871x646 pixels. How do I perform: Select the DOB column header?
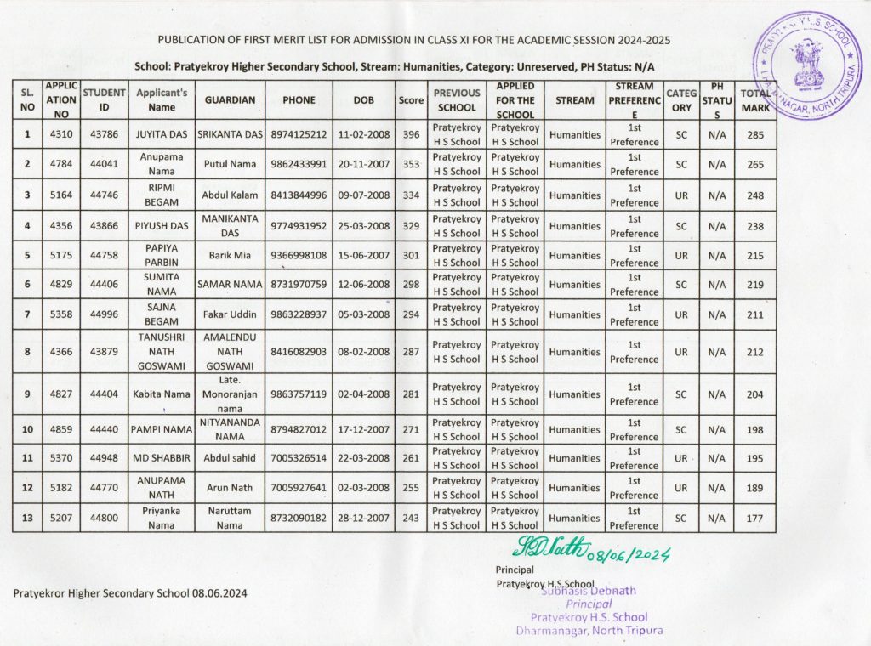click(x=363, y=100)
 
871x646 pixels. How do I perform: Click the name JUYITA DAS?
click(x=162, y=134)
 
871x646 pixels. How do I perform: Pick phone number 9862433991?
click(x=299, y=164)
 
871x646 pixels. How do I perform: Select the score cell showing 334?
click(x=412, y=195)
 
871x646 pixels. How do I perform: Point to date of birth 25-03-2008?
click(x=363, y=226)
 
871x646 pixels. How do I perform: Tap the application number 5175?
click(x=62, y=255)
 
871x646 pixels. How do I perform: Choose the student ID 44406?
click(x=105, y=285)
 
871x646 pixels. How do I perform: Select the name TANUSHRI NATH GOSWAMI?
click(x=162, y=352)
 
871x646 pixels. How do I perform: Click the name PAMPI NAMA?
click(x=162, y=430)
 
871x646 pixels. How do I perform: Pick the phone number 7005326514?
click(x=299, y=458)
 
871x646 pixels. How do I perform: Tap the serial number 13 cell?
click(x=28, y=518)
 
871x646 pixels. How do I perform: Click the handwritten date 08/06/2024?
click(x=634, y=554)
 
